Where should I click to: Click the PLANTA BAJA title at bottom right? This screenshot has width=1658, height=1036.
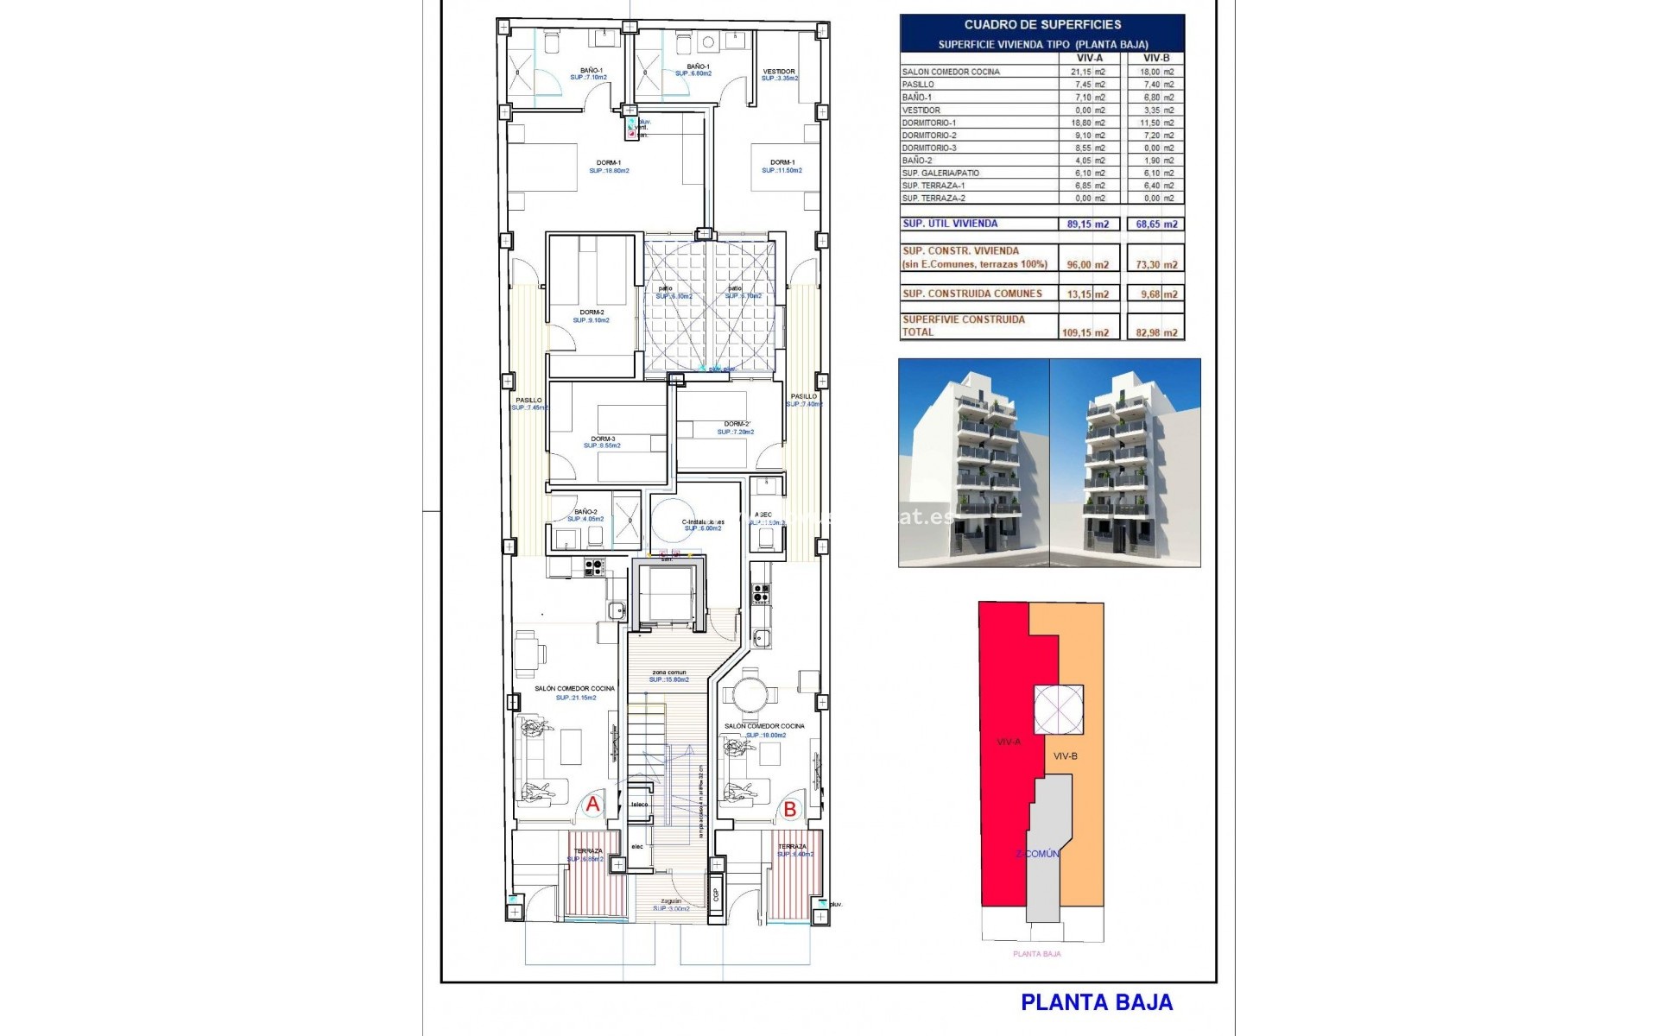1097,1002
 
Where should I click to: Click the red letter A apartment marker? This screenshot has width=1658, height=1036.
592,804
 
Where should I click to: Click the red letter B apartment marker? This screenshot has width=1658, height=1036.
789,809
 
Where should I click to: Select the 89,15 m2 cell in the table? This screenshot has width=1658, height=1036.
1088,224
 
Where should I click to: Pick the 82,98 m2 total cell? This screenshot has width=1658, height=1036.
1156,332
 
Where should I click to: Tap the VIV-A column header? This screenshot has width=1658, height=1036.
1089,58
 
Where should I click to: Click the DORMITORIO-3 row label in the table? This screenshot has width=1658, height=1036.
929,148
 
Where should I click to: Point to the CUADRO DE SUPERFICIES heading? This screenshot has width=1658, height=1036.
1042,25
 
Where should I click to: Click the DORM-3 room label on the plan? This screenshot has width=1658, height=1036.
603,439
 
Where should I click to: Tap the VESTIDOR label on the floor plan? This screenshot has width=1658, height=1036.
779,72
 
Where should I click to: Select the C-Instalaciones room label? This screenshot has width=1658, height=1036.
703,522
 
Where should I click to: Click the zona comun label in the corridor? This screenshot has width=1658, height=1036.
669,673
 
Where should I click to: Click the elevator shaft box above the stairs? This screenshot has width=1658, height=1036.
669,595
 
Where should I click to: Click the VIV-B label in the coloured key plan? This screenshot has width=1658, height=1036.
1065,756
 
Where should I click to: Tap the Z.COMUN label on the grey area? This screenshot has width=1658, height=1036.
1037,854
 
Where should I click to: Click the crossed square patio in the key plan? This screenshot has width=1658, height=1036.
1058,710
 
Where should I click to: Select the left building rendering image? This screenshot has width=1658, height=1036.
974,463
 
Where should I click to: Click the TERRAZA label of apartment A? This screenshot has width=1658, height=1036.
588,851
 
